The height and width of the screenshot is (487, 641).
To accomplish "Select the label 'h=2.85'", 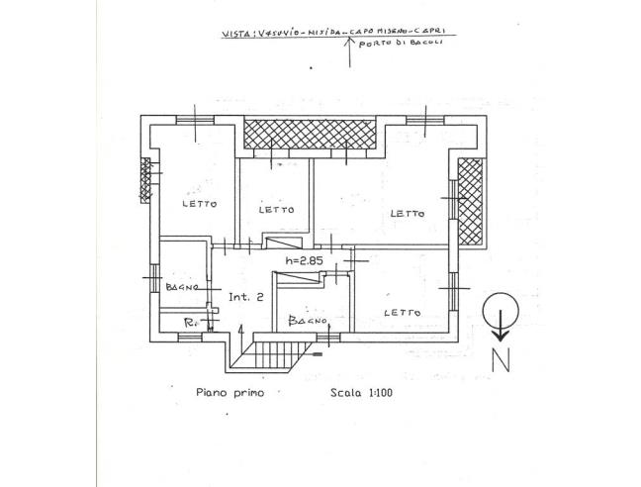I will [x=305, y=261].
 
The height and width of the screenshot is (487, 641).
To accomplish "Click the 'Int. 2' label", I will [x=245, y=297].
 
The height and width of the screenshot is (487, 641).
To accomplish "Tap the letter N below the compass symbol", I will [x=501, y=361].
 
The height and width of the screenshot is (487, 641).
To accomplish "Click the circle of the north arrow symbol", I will [x=500, y=312].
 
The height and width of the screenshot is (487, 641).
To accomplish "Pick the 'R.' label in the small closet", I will [x=191, y=323].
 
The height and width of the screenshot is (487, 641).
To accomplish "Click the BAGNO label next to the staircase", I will [x=308, y=321].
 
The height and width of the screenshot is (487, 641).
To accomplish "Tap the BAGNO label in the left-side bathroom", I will [x=184, y=287].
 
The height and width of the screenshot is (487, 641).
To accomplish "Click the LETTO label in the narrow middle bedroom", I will [x=276, y=210].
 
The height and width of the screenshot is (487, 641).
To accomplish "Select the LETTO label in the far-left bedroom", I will [x=199, y=204].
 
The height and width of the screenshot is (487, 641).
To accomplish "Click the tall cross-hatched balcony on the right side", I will [x=469, y=202].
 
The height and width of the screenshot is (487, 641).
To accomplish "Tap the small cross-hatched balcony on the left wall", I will [x=145, y=179].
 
